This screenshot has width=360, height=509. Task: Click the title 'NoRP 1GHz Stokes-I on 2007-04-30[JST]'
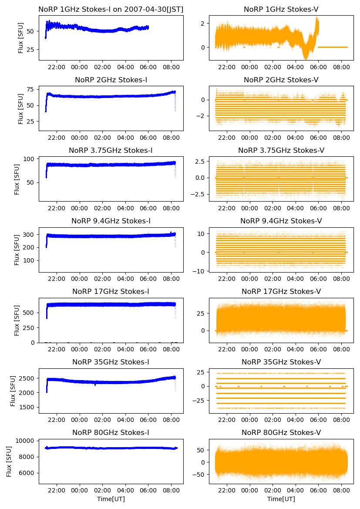pyautogui.click(x=111, y=9)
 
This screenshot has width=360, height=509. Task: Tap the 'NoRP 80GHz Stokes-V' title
pyautogui.click(x=281, y=432)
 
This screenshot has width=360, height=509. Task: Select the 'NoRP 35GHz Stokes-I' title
pyautogui.click(x=111, y=362)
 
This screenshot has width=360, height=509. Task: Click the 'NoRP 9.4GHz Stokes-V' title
pyautogui.click(x=281, y=221)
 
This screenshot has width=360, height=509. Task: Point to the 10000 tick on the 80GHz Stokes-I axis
pyautogui.click(x=27, y=441)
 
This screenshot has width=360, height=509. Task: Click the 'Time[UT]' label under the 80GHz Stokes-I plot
pyautogui.click(x=111, y=499)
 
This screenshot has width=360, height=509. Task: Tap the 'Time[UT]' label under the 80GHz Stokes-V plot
pyautogui.click(x=281, y=499)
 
